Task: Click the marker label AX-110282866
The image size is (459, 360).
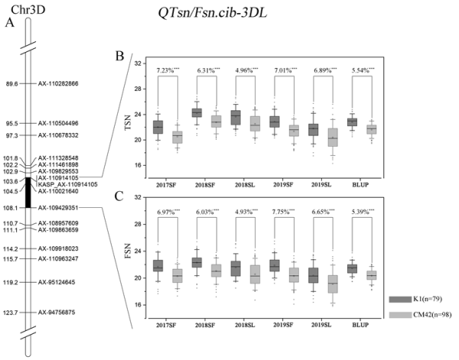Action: coord(63,83)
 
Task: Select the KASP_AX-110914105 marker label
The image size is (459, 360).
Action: coord(67,184)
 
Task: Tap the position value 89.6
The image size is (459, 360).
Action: coord(11,83)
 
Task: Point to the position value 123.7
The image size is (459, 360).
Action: coord(11,313)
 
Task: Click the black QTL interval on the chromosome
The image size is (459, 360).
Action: coord(27,191)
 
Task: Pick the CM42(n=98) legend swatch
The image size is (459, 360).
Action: coord(400,315)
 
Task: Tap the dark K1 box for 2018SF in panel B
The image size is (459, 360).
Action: coord(197,113)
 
